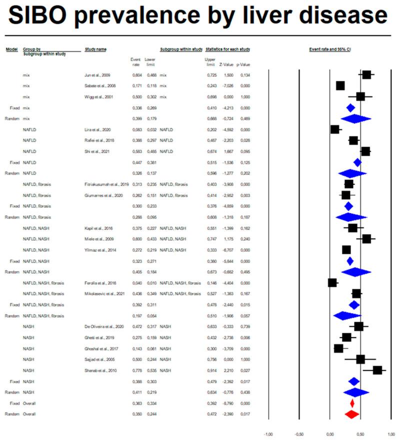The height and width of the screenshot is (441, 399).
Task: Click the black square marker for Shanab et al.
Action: click(x=377, y=370)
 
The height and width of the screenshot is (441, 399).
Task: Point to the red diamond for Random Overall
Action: click(x=352, y=414)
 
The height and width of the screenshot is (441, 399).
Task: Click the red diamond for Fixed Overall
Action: click(x=352, y=403)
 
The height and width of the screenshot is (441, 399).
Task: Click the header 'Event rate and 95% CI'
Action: click(x=330, y=49)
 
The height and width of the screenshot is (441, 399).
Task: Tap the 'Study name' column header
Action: click(x=95, y=49)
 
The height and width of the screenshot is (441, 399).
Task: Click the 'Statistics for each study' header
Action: click(x=227, y=49)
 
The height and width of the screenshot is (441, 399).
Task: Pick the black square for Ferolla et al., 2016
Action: click(x=332, y=283)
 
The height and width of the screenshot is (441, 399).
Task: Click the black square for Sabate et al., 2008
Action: click(x=340, y=86)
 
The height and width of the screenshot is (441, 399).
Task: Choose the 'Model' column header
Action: click(x=11, y=49)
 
